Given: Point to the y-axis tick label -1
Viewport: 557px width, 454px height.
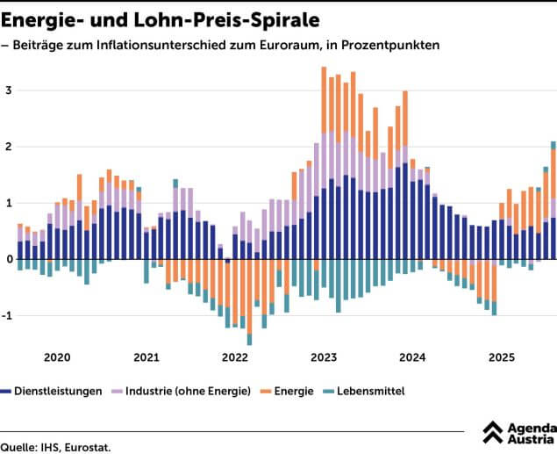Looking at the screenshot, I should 6,315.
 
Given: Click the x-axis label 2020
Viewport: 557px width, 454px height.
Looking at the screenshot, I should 57,357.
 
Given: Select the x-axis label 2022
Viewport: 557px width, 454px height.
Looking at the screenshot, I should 235,357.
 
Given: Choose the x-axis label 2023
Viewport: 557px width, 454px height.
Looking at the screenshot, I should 324,357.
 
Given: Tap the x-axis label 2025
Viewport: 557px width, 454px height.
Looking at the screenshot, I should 502,357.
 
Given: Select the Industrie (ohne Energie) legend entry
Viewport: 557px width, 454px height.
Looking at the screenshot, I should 189,390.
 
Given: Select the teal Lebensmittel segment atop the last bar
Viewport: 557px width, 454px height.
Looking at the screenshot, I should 553,145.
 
